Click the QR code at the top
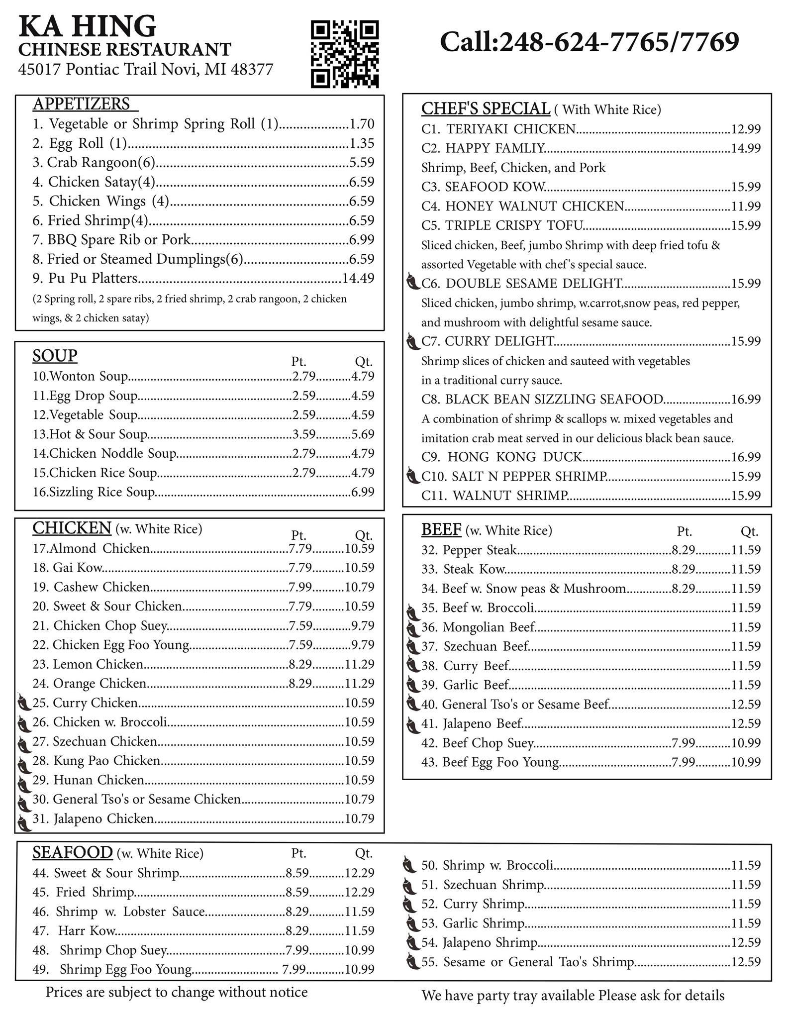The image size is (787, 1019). [345, 54]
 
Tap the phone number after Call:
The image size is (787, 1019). [619, 42]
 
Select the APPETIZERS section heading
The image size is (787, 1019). [82, 103]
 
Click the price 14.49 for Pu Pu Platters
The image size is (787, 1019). [358, 278]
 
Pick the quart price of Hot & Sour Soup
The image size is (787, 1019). [363, 434]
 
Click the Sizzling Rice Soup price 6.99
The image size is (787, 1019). [363, 492]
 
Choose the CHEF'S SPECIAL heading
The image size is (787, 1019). [486, 108]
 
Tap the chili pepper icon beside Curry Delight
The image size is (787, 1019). [412, 342]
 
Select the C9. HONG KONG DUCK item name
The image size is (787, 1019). [501, 457]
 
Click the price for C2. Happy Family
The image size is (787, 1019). [746, 148]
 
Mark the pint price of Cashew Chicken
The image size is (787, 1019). [300, 587]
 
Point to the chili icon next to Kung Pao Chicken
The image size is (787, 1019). [23, 761]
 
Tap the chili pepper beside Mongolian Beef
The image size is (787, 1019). [412, 628]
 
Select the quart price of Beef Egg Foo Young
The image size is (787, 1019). [746, 762]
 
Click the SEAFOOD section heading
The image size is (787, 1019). [73, 852]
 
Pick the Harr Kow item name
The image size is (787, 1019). [87, 930]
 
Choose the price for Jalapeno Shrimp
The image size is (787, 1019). [746, 942]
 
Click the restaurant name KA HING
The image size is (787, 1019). [88, 26]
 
